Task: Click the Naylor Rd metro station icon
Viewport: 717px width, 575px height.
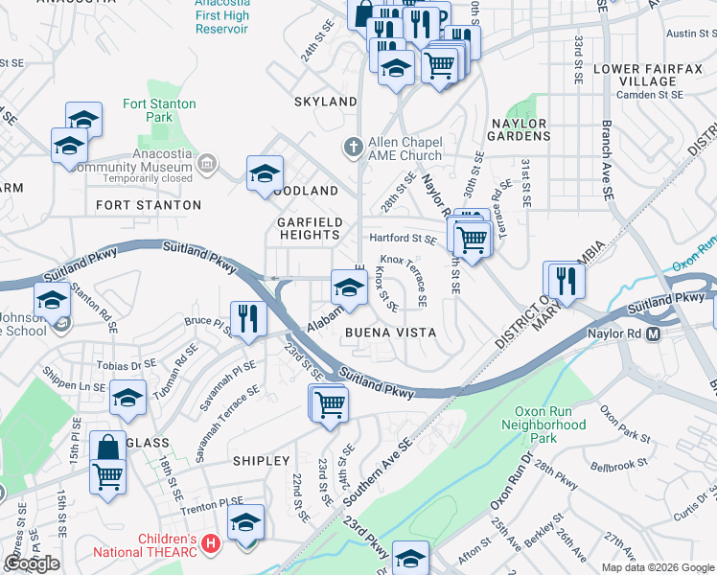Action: pyautogui.click(x=654, y=334)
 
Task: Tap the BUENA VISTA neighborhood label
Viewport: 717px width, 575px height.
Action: pyautogui.click(x=390, y=333)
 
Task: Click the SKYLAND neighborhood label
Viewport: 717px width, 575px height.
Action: pyautogui.click(x=326, y=102)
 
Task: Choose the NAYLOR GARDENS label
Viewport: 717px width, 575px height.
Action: pyautogui.click(x=519, y=130)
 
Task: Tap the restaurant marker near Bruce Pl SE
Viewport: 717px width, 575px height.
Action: pyautogui.click(x=249, y=319)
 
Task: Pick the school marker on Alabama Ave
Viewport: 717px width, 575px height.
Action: pyautogui.click(x=349, y=287)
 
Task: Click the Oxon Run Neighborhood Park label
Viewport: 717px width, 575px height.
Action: pyautogui.click(x=544, y=430)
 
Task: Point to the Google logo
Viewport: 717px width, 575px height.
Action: pyautogui.click(x=32, y=563)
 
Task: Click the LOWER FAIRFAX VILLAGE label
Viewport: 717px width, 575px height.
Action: pyautogui.click(x=636, y=75)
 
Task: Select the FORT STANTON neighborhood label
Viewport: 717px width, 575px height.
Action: pyautogui.click(x=149, y=205)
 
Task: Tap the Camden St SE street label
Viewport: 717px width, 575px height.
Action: pyautogui.click(x=651, y=95)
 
